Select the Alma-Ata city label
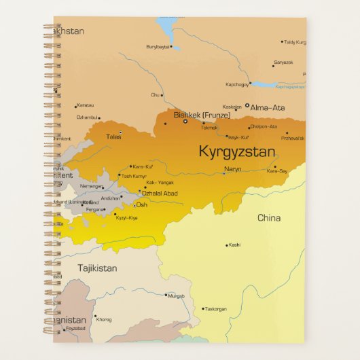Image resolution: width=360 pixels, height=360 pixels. pos(269,107)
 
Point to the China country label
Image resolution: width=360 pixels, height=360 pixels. pos(268,218)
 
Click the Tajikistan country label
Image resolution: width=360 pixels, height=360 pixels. pos(97,268)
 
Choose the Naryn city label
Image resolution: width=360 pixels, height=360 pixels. pos(232,169)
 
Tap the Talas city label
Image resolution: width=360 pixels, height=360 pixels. pos(113,137)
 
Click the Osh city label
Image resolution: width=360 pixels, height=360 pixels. pos(142,204)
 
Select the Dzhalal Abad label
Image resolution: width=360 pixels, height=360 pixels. pos(159,194)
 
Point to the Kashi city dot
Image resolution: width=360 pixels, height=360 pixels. pos(227,245)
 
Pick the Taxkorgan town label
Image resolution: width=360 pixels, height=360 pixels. pos(215,309)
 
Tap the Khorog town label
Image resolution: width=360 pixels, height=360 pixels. pos(104,319)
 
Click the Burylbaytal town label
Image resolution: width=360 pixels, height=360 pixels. pos(157,46)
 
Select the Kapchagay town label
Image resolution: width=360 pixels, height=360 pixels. pos(238,84)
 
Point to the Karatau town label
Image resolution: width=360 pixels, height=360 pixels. pos(86,105)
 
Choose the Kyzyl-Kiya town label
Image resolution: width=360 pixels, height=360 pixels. pos(127,217)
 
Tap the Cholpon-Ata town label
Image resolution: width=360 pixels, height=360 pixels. pos(264,126)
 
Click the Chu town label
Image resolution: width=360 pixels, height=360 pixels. pos(156,95)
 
